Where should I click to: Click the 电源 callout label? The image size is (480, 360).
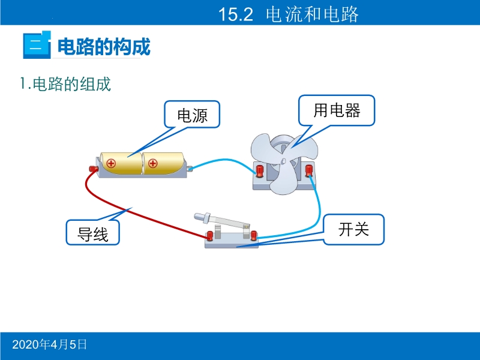192,115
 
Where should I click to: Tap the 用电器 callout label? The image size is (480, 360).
337,110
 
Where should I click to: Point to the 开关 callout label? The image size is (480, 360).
353,229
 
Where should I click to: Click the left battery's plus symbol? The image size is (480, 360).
111,163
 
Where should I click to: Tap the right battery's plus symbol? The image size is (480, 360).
152,163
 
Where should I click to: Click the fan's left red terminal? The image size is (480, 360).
260,172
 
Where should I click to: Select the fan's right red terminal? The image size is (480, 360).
309,171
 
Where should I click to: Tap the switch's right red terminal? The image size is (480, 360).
254,234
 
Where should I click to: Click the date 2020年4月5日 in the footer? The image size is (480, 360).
50,344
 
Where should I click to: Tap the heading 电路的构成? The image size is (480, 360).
104,46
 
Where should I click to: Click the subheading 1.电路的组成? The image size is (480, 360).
65,84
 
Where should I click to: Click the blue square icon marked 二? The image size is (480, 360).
35,46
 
